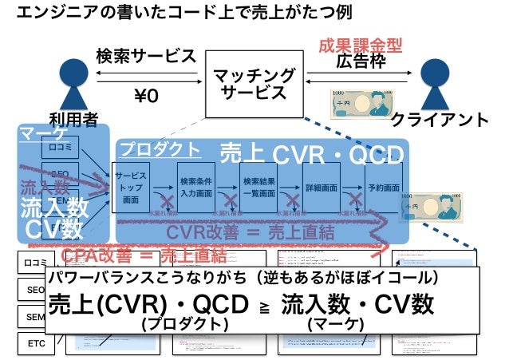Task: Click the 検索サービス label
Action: [146, 57]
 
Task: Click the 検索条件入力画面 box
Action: [195, 188]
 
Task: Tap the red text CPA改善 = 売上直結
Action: [144, 256]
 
